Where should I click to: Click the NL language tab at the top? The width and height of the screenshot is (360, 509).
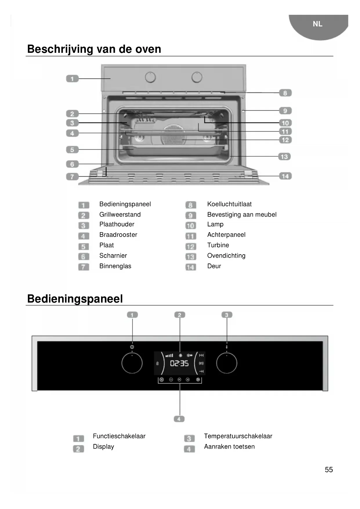pyautogui.click(x=318, y=24)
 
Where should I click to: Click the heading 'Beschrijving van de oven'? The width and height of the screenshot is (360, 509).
pyautogui.click(x=94, y=49)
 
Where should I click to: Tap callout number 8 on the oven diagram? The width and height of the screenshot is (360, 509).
pyautogui.click(x=285, y=93)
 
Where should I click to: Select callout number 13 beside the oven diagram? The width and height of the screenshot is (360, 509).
pyautogui.click(x=284, y=157)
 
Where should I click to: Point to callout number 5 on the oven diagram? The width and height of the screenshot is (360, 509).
pyautogui.click(x=72, y=150)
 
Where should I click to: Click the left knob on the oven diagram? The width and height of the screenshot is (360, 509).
pyautogui.click(x=150, y=77)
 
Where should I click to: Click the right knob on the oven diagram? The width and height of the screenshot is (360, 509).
pyautogui.click(x=197, y=77)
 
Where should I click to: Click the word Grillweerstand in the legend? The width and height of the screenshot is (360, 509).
pyautogui.click(x=120, y=214)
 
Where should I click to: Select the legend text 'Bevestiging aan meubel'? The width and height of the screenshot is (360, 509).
pyautogui.click(x=242, y=214)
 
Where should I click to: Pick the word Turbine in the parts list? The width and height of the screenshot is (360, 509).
pyautogui.click(x=218, y=245)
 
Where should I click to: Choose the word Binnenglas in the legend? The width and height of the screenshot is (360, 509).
pyautogui.click(x=115, y=266)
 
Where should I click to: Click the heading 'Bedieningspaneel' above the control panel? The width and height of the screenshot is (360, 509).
pyautogui.click(x=75, y=299)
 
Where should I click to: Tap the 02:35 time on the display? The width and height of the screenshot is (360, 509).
pyautogui.click(x=179, y=363)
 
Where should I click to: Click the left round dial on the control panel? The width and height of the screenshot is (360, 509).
pyautogui.click(x=132, y=363)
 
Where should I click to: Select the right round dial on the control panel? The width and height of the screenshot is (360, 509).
pyautogui.click(x=227, y=363)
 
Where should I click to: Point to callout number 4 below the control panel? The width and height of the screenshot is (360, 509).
pyautogui.click(x=179, y=419)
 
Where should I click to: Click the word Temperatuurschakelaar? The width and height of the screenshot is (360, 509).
pyautogui.click(x=238, y=436)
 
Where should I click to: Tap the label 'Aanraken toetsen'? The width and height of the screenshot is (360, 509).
pyautogui.click(x=229, y=447)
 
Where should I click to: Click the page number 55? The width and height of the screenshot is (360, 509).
pyautogui.click(x=329, y=470)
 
